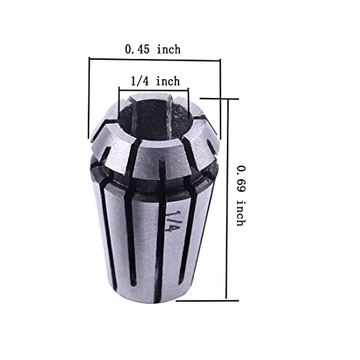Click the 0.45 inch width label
pos(153,49)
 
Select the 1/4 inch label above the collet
pos(155,81)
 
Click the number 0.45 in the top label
pos(138,49)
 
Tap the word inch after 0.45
pos(168,49)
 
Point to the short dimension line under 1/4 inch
pos(153,91)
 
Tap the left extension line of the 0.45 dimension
pos(89,101)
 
